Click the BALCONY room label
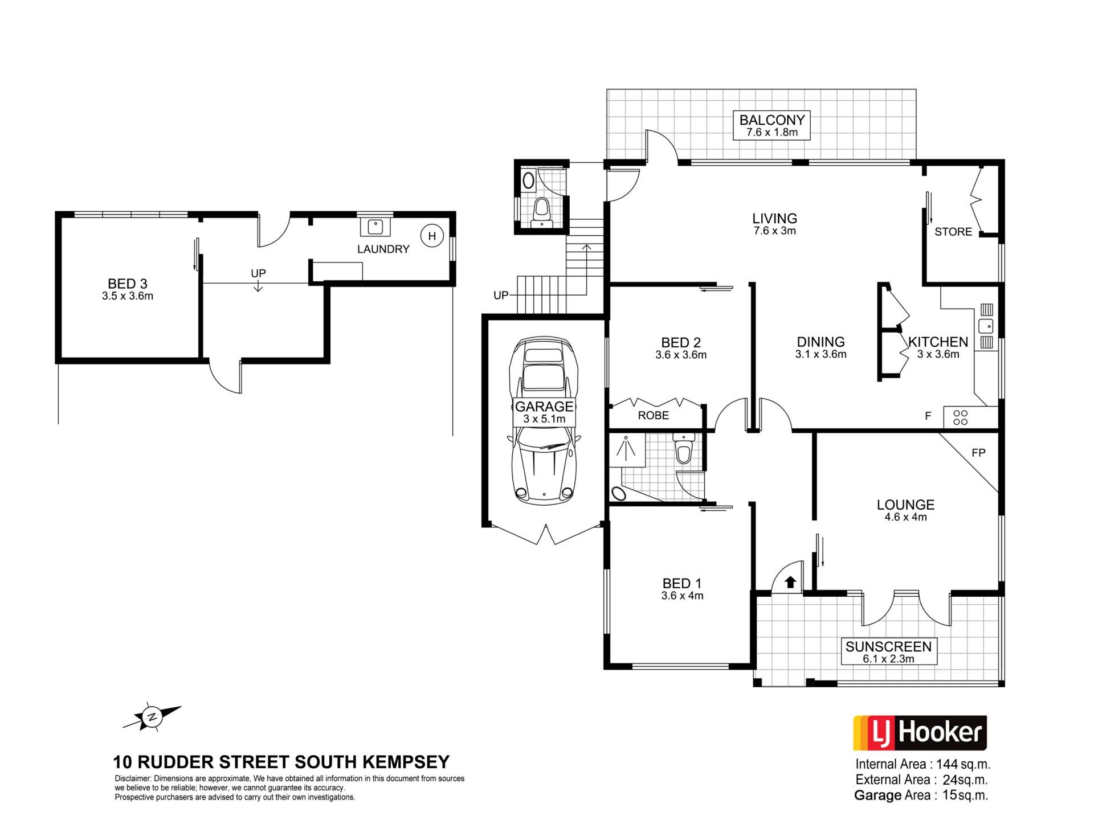(x=772, y=120)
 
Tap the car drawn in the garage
(x=544, y=421)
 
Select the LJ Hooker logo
(x=920, y=733)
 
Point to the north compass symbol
(x=152, y=717)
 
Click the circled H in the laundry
(x=432, y=236)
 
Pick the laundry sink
(x=375, y=227)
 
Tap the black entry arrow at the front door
(x=790, y=582)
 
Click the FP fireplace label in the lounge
(x=978, y=453)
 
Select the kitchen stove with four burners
(x=961, y=417)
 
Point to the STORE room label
(x=953, y=232)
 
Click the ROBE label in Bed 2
(x=654, y=416)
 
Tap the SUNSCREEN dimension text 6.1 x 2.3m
(x=888, y=659)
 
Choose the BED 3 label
(x=128, y=284)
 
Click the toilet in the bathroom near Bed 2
(x=683, y=449)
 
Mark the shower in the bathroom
(x=626, y=449)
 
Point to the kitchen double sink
(x=986, y=326)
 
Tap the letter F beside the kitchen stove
(x=928, y=416)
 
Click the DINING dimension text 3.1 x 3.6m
(x=820, y=354)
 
